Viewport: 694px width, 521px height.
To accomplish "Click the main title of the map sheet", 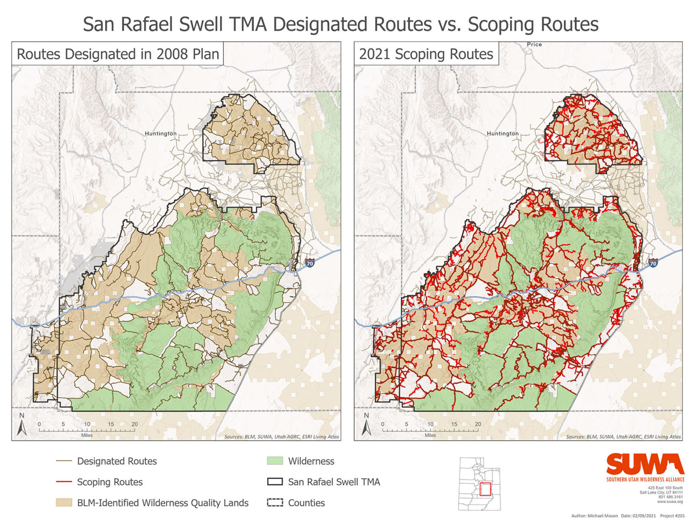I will [x=341, y=24].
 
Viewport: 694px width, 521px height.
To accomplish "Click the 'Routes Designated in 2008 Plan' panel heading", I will [x=117, y=54].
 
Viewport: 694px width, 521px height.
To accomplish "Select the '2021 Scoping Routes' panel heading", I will [x=426, y=54].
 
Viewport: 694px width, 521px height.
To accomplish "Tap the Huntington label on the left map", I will [x=160, y=133].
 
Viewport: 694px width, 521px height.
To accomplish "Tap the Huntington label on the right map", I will [x=502, y=133].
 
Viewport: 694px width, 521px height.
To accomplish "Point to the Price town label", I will [x=534, y=44].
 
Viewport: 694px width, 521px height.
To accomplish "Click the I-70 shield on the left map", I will [x=309, y=263].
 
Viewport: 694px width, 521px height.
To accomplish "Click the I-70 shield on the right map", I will [x=653, y=263].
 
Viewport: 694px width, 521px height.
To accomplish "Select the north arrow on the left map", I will [x=22, y=426].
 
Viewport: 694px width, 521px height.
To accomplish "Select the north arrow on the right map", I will [x=366, y=426].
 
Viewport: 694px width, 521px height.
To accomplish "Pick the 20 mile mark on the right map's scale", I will [x=478, y=424].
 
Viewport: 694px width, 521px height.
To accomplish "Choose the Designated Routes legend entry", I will [x=117, y=461].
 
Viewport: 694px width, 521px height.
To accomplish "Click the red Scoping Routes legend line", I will [x=64, y=482].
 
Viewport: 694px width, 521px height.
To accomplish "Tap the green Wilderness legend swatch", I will [x=275, y=461].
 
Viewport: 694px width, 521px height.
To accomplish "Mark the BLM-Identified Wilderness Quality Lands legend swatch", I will [x=64, y=503].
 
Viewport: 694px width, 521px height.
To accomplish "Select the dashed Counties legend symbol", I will [x=275, y=503].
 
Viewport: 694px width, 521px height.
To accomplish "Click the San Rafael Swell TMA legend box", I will [x=275, y=482].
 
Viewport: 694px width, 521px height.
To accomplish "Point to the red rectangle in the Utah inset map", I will [x=485, y=490].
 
